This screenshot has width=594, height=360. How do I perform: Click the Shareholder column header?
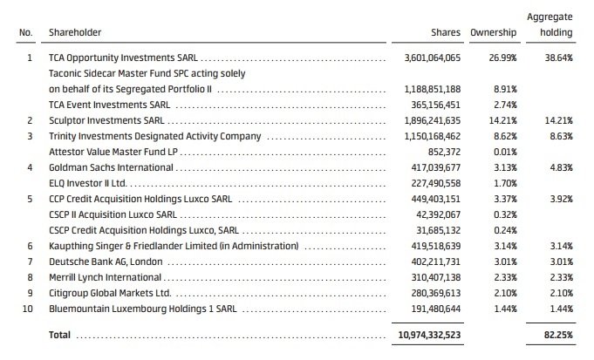click(76, 32)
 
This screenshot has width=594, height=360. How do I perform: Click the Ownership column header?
click(494, 32)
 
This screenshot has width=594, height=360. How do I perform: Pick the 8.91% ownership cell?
click(506, 89)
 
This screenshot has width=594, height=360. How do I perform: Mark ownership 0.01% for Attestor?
click(506, 152)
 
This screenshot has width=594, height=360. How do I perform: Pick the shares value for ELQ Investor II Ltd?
click(434, 183)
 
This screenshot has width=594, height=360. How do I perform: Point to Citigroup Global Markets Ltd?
click(109, 293)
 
